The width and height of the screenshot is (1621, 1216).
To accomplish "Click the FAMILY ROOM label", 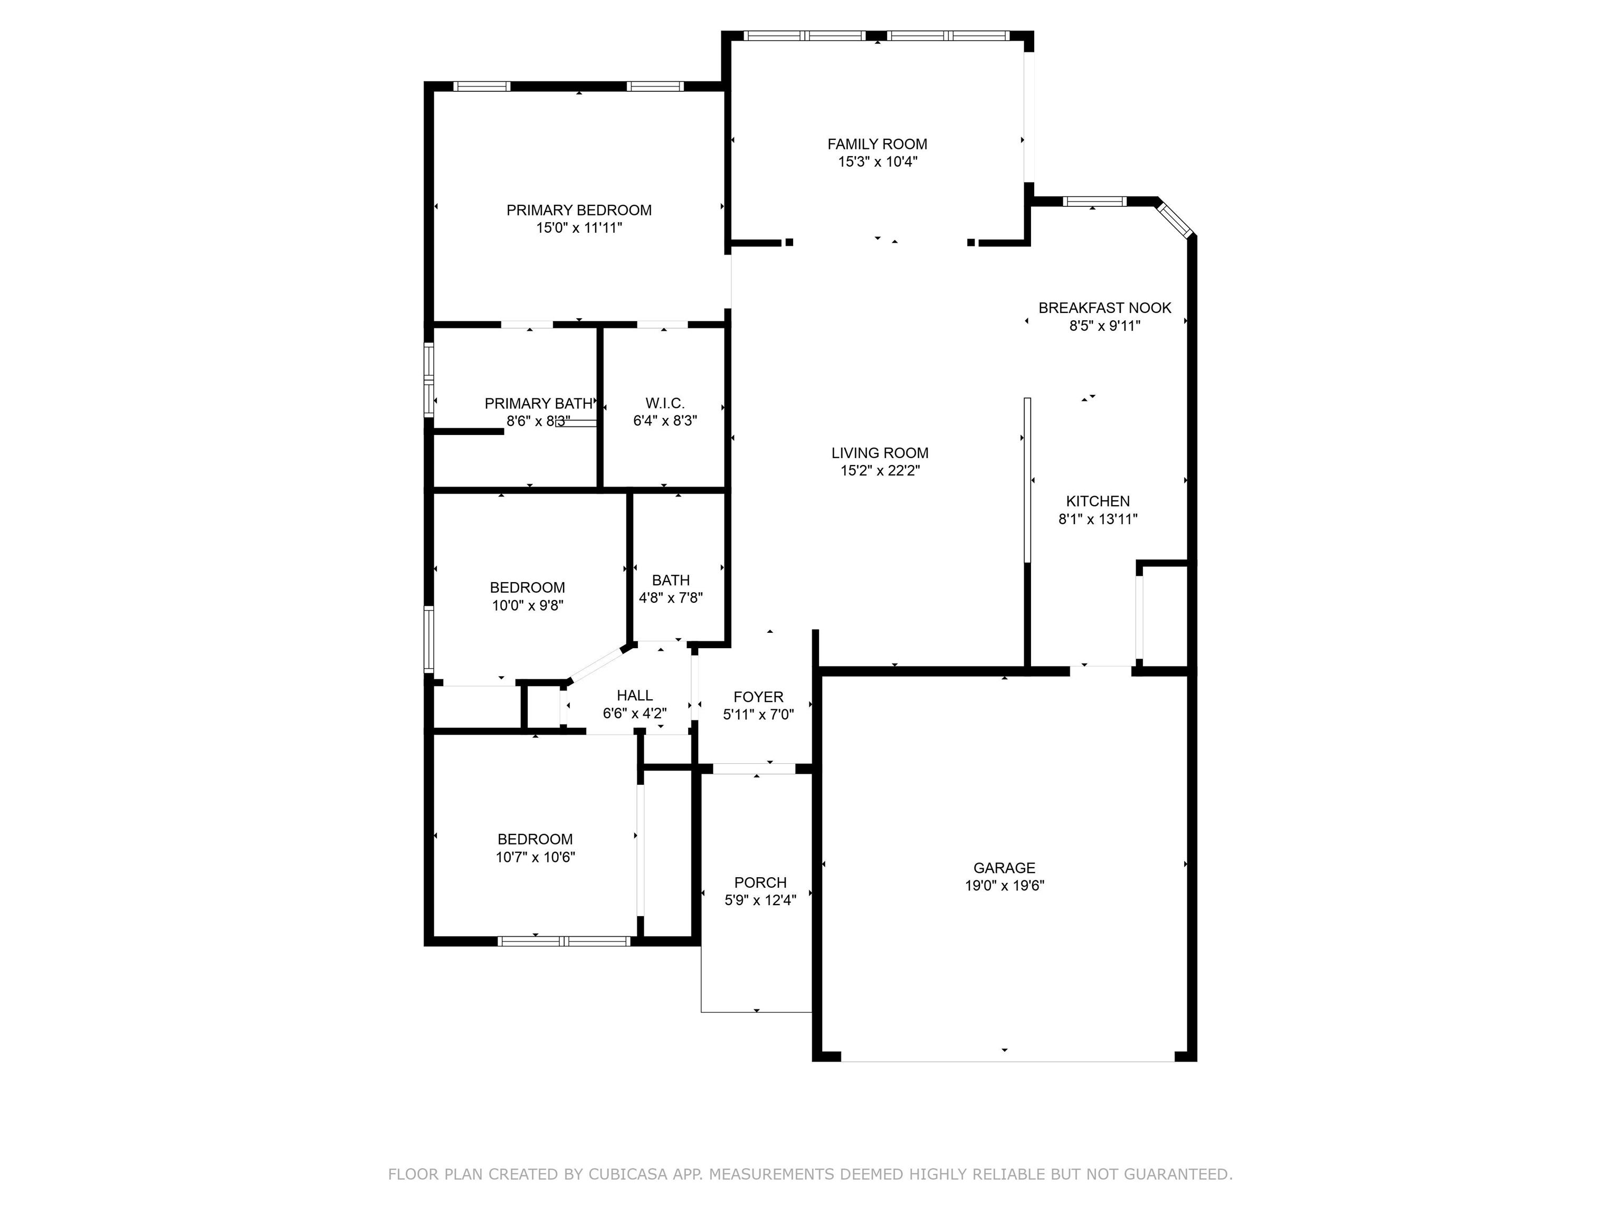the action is point(877,145).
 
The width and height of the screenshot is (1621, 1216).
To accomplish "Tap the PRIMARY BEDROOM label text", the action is point(579,211).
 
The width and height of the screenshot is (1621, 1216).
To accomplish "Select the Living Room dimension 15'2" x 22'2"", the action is point(880,471).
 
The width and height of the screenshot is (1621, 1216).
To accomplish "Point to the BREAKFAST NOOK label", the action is point(1104,308).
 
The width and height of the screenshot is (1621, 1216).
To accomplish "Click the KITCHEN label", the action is point(1098,501).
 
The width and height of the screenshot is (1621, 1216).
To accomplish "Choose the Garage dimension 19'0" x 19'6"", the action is point(1004,886).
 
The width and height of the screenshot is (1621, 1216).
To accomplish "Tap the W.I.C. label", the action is point(665,403).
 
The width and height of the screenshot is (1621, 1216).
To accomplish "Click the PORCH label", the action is point(761,882).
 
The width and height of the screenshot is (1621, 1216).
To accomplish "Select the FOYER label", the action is point(758,697).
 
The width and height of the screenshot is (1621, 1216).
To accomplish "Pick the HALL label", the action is point(635,696).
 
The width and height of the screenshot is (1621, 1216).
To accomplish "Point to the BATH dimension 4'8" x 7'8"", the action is point(671,598).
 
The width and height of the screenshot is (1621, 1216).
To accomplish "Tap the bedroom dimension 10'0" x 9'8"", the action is point(528,605).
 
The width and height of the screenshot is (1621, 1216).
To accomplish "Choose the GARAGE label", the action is point(1004,868).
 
